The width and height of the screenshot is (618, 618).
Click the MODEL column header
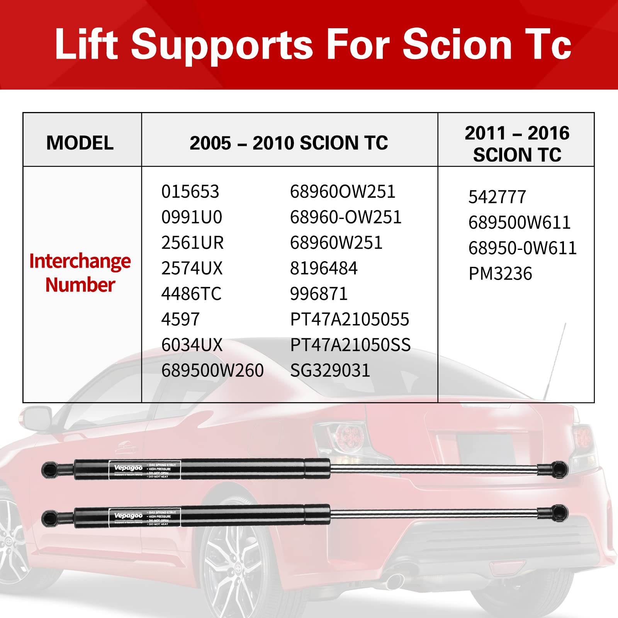coord(80,143)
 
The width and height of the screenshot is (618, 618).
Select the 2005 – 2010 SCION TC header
coord(289,143)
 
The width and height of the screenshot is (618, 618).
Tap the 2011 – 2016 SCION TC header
coord(517,144)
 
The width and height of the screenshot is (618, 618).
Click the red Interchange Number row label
coord(80,273)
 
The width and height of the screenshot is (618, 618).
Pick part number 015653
coord(190,192)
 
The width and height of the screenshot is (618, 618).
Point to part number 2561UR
coord(192,243)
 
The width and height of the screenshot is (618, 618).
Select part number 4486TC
coord(191,294)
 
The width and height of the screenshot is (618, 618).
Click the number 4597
coord(180,319)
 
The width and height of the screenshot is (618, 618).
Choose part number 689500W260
coord(212,370)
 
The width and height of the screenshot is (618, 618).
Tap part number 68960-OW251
coord(346,217)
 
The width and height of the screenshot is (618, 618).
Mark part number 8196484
coord(324,268)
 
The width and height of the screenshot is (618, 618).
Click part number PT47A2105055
coord(350,319)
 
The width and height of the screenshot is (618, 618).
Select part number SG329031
coord(330,370)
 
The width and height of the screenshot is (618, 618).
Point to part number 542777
coord(497,197)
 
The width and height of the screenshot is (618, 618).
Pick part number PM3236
coord(500,274)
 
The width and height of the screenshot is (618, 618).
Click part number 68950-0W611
coord(522,248)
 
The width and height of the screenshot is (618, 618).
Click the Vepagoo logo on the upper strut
coord(128,468)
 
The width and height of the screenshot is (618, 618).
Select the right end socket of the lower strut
coord(558,512)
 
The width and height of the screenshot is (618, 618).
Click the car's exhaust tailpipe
coord(394,579)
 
